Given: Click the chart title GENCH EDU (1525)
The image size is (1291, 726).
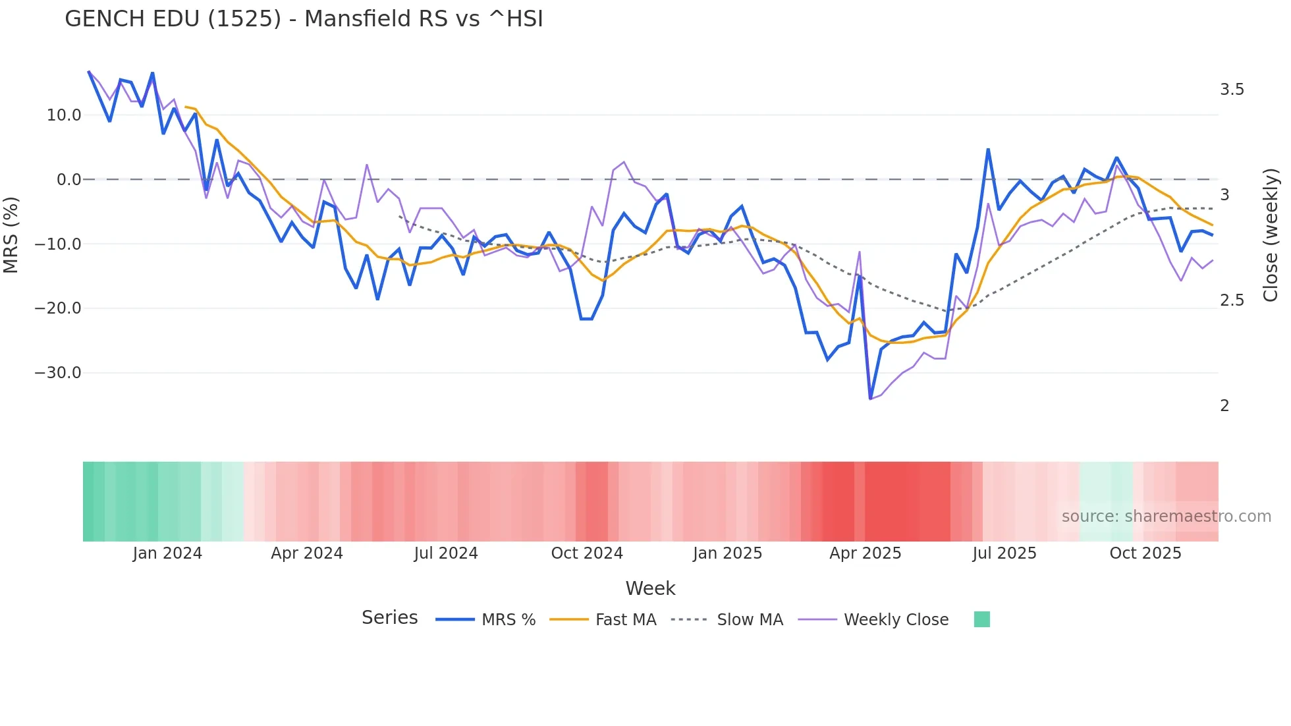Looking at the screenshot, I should (x=304, y=19).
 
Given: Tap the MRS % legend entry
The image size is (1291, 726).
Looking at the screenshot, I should (x=508, y=620).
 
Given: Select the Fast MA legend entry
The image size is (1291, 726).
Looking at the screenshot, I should (x=625, y=620).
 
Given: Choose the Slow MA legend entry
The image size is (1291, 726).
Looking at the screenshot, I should (x=750, y=620).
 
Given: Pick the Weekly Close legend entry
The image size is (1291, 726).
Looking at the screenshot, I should (x=896, y=620).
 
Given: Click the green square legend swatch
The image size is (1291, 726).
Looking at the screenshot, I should (x=981, y=619).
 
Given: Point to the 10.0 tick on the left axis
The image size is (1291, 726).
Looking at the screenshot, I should (x=64, y=115).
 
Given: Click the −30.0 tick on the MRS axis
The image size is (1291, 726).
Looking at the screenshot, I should (x=58, y=373).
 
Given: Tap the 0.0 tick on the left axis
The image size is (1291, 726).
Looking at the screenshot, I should (x=69, y=180).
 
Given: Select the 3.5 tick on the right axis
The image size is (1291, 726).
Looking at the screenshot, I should (x=1232, y=90).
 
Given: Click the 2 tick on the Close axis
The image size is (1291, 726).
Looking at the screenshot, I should (x=1224, y=406).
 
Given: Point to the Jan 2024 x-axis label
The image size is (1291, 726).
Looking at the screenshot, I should (x=167, y=553).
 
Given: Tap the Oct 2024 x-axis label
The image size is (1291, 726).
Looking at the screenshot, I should (x=587, y=553).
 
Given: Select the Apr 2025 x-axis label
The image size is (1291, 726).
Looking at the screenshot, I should (x=865, y=553).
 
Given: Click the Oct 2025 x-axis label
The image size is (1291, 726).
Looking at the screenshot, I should (x=1145, y=553).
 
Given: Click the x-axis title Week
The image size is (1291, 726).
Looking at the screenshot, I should (x=650, y=588).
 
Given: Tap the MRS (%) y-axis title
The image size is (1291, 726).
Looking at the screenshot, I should (x=11, y=235).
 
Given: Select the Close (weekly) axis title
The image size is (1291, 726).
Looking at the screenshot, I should (x=1271, y=235).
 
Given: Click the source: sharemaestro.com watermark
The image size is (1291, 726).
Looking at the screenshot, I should (x=1166, y=517).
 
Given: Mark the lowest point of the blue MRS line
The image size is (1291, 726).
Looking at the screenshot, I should (x=870, y=399).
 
